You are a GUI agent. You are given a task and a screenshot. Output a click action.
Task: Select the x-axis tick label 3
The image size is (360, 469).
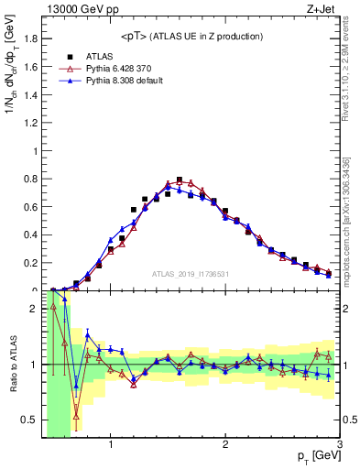pos(338,446)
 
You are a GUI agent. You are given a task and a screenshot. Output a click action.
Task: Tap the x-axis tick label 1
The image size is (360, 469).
pos(111,446)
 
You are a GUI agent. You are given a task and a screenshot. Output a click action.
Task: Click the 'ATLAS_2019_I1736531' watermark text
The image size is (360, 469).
pos(191,274)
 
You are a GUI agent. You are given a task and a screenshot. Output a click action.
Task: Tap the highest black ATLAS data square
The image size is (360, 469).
pos(180,180)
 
